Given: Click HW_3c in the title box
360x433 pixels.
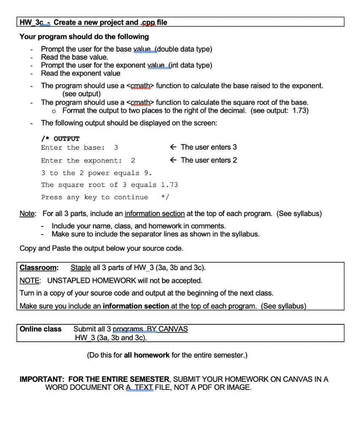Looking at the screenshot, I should (x=32, y=22).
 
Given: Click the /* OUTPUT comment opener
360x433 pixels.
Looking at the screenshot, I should (x=60, y=138).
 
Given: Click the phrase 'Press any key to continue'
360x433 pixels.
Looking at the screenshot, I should (x=94, y=197).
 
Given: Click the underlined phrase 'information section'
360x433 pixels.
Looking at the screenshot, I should (x=154, y=213).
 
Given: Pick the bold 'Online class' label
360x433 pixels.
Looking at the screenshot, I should (x=41, y=329).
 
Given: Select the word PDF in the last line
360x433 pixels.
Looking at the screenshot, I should (x=206, y=388).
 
